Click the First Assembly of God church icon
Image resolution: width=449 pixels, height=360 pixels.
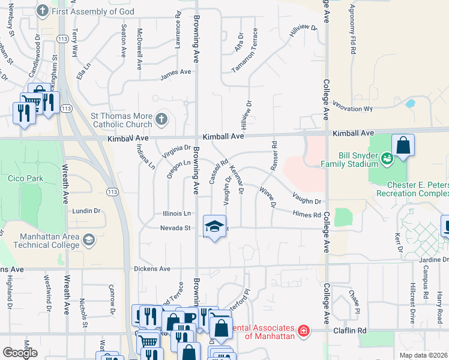42,11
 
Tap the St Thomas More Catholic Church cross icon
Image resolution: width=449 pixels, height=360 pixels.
161,119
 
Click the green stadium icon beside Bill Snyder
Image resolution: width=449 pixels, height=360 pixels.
387,158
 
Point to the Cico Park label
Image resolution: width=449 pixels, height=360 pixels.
24,178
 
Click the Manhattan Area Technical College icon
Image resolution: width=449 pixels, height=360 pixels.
89,240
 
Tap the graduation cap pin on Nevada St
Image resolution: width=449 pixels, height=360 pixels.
214,227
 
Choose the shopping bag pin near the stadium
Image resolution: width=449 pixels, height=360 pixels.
403,146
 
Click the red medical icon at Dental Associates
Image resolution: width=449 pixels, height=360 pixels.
304,330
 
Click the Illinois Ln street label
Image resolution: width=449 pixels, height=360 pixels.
176,213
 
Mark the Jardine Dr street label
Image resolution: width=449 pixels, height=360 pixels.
435,259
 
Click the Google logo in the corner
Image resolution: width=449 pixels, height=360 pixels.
20,353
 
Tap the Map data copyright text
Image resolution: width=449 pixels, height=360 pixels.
424,355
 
